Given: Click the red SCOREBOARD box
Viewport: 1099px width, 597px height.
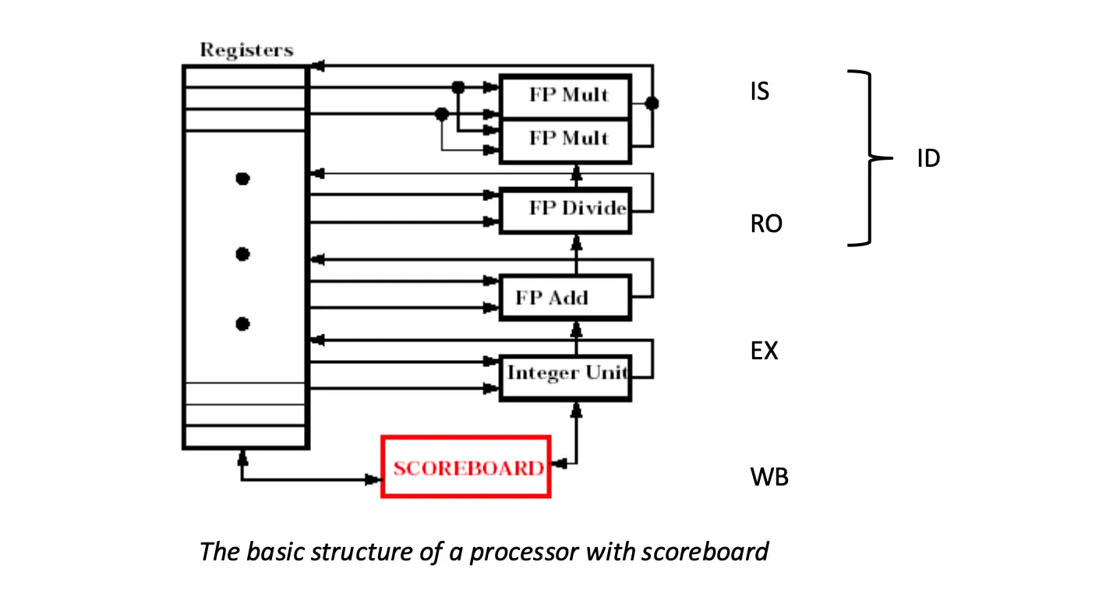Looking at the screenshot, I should coord(466,467).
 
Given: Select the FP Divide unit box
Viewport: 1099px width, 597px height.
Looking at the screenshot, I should coord(564,210).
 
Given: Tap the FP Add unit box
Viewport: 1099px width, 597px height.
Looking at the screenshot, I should coord(564,297).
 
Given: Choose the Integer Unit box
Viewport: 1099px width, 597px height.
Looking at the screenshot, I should coord(564,377).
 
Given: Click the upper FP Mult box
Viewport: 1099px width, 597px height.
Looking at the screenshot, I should coord(565,97).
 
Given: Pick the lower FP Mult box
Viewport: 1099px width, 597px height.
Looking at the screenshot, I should coord(565,140).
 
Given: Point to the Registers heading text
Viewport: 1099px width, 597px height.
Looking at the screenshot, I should coord(246,50).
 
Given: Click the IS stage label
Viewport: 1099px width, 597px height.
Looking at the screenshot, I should coord(758,92).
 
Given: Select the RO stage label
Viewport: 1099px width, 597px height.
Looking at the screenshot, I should coord(765,224).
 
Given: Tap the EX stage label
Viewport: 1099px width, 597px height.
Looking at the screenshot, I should coord(764,351).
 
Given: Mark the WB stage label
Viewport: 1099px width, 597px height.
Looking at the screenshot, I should coord(769,477).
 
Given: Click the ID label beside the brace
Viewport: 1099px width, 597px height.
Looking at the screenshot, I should coord(928,159).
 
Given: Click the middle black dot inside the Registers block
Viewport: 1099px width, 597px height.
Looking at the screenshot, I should coord(242,254).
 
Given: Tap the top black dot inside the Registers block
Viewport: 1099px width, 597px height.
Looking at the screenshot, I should coord(242,179).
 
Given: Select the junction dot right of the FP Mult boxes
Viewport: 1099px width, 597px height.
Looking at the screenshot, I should coord(652,103).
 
